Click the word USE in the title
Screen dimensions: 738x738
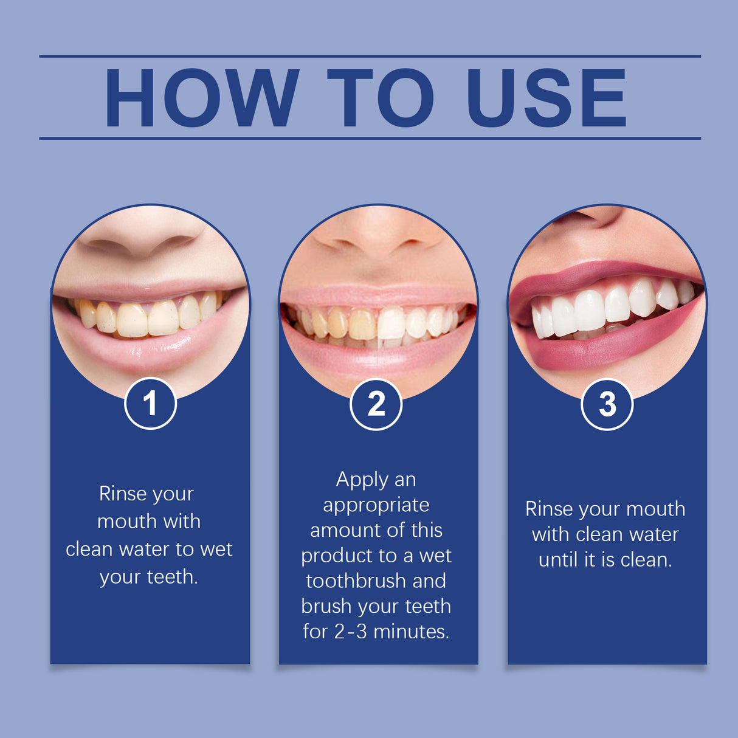pyautogui.click(x=546, y=98)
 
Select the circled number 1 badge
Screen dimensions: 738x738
pyautogui.click(x=150, y=404)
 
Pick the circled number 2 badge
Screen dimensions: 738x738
pyautogui.click(x=376, y=404)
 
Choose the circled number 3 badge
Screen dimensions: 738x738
pyautogui.click(x=607, y=404)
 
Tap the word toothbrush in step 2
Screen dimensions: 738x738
pyautogui.click(x=356, y=581)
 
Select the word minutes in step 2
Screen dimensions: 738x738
pyautogui.click(x=411, y=632)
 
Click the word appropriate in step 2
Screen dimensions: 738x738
pyautogui.click(x=376, y=506)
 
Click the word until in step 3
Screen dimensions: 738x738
pyautogui.click(x=559, y=560)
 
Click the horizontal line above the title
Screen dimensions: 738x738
pyautogui.click(x=370, y=56)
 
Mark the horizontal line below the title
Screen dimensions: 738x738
pyautogui.click(x=370, y=138)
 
